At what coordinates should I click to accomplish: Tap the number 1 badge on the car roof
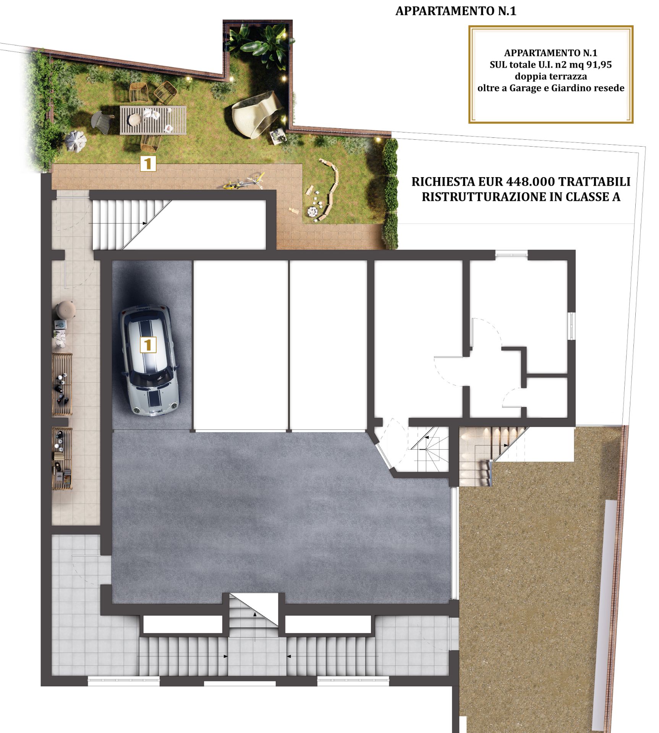coord(148,345)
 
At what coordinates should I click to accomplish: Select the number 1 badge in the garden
coord(148,164)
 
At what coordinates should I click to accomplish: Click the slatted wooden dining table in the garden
coord(153,120)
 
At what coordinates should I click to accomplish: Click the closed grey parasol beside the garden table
coord(76,142)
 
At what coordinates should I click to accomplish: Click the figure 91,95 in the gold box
coord(599,65)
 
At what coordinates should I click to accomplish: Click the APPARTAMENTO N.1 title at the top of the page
coord(456,11)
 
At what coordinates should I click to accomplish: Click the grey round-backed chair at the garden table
coord(102,121)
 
